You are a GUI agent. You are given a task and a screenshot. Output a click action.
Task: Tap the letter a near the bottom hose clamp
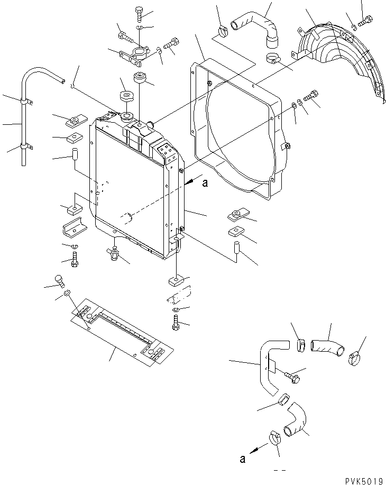click(243, 459)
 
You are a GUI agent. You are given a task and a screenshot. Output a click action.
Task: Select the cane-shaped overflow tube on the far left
click(32, 106)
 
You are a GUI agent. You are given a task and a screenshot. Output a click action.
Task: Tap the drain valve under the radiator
click(113, 253)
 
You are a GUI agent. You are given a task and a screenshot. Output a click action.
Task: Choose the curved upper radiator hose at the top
click(259, 26)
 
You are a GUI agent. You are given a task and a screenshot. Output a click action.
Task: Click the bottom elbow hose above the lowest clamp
click(296, 420)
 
